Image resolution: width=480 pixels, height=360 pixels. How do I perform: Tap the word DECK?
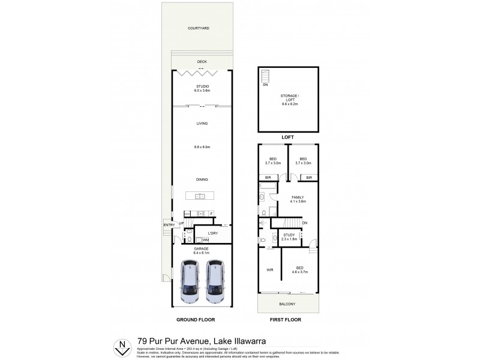tap(202, 61)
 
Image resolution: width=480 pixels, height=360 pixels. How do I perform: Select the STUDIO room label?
tap(202, 87)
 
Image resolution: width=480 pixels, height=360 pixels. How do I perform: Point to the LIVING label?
tap(202, 124)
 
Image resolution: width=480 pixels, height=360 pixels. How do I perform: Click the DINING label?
tap(202, 179)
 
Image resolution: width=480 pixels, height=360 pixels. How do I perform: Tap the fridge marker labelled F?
tap(211, 214)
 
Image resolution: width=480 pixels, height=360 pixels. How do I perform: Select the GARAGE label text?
tap(201, 248)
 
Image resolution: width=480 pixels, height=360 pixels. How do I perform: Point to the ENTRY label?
tap(168, 225)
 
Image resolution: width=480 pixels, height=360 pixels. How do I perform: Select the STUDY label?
tap(290, 235)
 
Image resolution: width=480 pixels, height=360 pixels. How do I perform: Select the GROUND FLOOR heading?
tap(196, 320)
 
